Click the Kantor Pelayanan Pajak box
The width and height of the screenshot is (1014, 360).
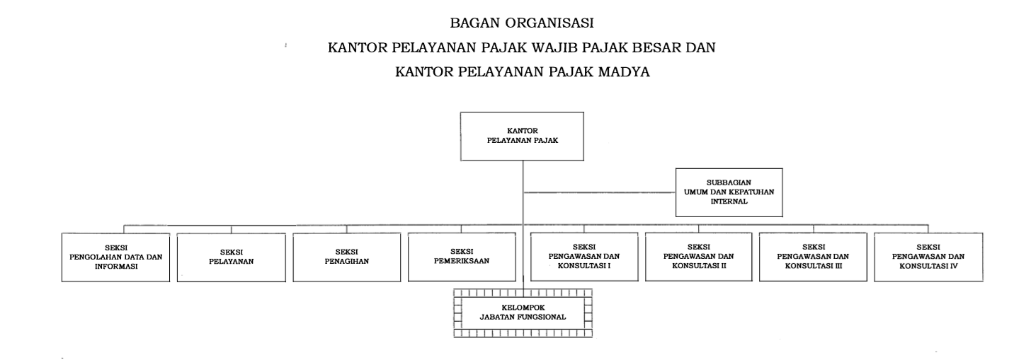click(x=522, y=136)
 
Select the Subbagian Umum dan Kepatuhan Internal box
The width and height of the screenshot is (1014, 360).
click(x=729, y=192)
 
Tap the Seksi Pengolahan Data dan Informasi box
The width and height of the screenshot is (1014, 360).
click(x=116, y=257)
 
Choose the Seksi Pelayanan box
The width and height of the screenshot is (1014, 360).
click(x=232, y=257)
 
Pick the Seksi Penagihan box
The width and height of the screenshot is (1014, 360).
click(x=347, y=257)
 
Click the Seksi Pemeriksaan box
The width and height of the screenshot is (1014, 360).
click(x=462, y=257)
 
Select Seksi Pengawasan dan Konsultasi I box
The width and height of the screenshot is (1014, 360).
click(x=584, y=257)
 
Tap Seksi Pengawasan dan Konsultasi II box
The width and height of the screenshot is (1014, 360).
click(x=699, y=257)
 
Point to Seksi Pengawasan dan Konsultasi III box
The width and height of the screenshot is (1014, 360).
click(x=814, y=257)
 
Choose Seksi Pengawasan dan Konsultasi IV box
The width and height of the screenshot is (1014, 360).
click(x=928, y=257)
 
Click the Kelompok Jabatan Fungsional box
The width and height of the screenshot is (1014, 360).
click(x=523, y=313)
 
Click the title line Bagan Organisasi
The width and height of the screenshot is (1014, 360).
click(x=522, y=23)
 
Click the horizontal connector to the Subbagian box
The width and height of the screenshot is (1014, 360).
click(x=600, y=192)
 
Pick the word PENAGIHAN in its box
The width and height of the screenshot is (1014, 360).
click(x=347, y=262)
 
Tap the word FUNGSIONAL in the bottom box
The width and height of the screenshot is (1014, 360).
click(x=542, y=318)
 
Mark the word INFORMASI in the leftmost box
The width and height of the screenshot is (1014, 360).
click(x=116, y=267)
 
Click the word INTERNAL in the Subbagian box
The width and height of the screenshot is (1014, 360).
click(x=729, y=202)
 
